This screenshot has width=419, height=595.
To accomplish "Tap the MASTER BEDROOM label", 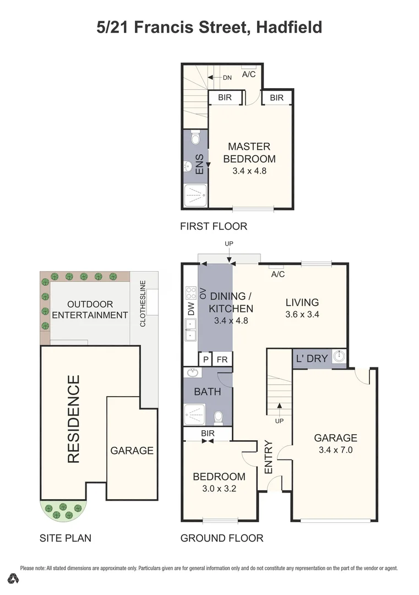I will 249,153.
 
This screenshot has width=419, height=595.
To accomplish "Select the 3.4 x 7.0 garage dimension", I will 335,450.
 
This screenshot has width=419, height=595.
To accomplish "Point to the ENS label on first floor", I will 200,164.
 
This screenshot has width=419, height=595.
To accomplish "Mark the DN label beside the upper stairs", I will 227,78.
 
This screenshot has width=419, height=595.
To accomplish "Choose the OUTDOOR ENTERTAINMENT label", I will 90,310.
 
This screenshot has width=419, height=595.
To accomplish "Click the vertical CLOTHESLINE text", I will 143,304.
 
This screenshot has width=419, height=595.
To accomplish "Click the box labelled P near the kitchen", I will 205,359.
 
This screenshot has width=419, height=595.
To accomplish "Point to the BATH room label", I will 208,392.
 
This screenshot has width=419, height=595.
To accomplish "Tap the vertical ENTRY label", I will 268,457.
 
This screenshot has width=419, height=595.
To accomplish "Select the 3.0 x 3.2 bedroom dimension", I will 219,488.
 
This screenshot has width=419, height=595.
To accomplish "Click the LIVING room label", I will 302,302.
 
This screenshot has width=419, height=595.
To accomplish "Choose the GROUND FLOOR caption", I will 222,538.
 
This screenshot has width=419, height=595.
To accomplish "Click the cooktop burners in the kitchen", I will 191,292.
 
